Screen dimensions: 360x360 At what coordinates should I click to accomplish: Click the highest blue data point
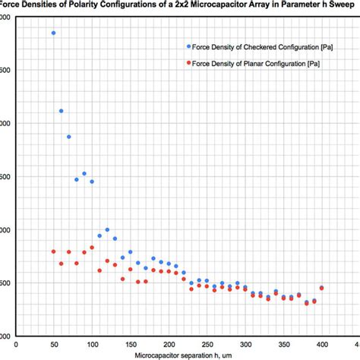point(53,33)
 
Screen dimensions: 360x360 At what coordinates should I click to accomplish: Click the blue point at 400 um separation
point(321,288)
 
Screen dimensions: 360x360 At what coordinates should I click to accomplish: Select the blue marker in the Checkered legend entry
point(188,46)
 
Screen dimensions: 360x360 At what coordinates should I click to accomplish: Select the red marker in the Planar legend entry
point(188,64)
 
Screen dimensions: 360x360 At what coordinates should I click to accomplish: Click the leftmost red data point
point(53,251)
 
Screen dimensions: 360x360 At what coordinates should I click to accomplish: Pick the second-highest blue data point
point(61,111)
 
